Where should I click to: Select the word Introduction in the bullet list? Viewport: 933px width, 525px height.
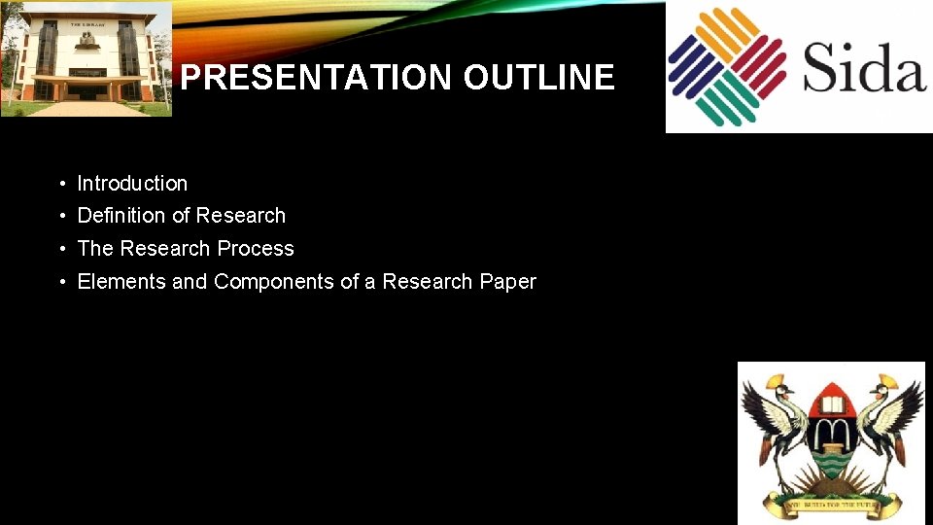132,183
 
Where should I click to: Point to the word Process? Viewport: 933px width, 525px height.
256,249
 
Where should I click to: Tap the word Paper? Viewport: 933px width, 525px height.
507,282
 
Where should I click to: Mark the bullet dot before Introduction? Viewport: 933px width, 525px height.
60,184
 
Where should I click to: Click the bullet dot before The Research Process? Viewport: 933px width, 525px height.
60,250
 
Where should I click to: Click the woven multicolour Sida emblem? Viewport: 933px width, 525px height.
727,66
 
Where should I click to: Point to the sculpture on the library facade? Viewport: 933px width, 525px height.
86,40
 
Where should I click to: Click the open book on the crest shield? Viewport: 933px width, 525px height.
832,398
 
